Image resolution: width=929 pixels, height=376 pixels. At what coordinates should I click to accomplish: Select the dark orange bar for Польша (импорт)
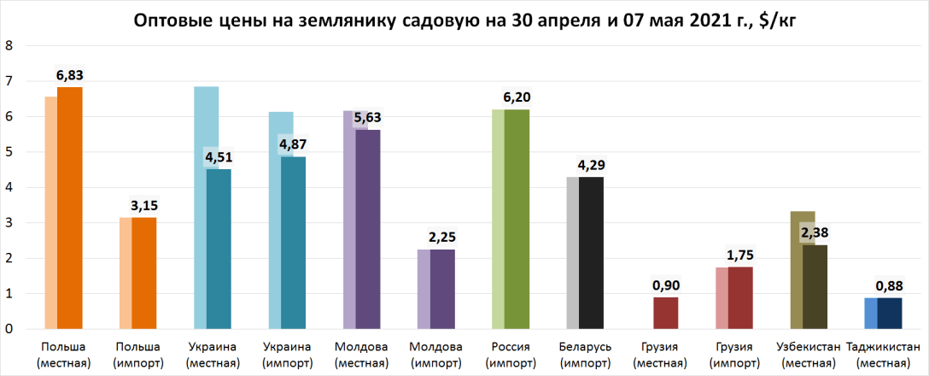[143, 273]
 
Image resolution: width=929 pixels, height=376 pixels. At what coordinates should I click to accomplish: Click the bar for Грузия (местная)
[665, 313]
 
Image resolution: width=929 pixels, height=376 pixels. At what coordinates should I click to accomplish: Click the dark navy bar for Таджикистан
[888, 313]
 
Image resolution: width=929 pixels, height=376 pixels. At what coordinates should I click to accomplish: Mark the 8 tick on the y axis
[9, 46]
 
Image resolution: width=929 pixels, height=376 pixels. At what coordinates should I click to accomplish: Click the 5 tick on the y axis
[9, 152]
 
